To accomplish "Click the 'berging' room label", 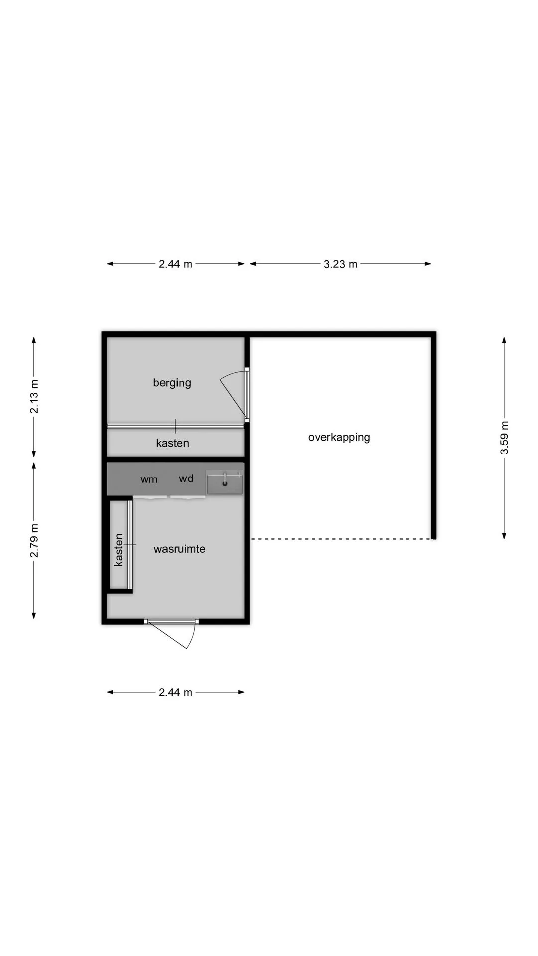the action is (x=172, y=383).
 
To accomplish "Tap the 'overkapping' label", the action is (x=339, y=438).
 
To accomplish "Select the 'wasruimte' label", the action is (x=179, y=549).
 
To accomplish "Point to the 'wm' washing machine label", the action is (x=149, y=479).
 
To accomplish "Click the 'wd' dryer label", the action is (x=186, y=478).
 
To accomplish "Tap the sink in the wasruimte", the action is (x=225, y=483).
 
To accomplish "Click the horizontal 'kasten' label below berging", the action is (x=173, y=443).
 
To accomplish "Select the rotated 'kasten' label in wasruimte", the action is (x=119, y=550).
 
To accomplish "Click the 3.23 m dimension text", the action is (x=341, y=264).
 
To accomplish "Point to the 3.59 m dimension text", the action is (x=504, y=438).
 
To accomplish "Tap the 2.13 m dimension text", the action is (x=34, y=397).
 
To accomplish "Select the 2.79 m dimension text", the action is (x=34, y=541).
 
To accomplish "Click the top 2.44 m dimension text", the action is (x=175, y=264).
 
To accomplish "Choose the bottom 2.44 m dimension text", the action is (x=175, y=693).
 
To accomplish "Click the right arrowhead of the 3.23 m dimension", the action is (x=428, y=264).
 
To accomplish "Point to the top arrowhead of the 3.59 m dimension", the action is (x=504, y=341).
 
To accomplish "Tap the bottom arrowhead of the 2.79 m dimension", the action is (x=34, y=615).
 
